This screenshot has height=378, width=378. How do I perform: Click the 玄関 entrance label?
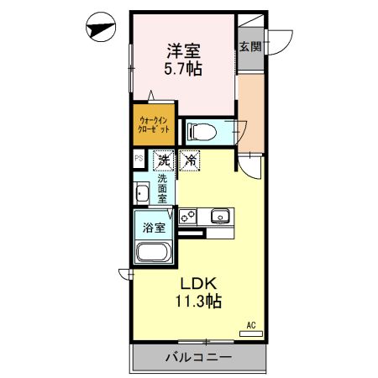tap(249, 47)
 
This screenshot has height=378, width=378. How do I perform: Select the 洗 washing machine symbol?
tap(163, 159)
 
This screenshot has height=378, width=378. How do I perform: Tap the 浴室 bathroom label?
tap(153, 227)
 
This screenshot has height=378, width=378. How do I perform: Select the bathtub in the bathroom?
tap(154, 253)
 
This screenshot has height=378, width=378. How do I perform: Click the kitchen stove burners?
tap(188, 216)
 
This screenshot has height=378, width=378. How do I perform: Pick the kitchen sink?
tap(220, 217)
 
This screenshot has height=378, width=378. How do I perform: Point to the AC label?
tap(250, 325)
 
